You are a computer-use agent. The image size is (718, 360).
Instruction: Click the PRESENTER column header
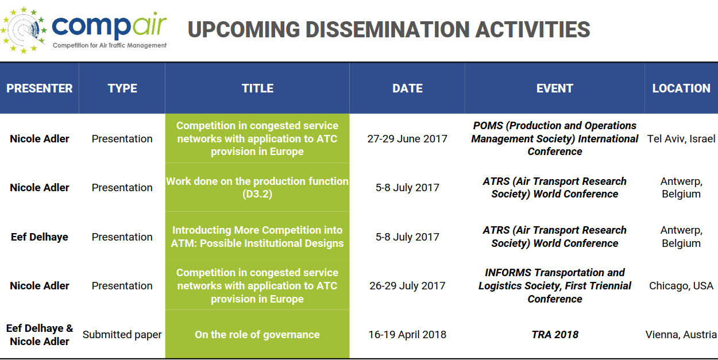40,88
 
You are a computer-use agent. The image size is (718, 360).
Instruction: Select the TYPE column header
122,88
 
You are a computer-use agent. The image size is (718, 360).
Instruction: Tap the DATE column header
407,88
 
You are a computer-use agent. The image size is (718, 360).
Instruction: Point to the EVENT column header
554,88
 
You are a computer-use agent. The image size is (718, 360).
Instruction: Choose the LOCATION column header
681,88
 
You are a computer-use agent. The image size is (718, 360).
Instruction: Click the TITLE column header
257,88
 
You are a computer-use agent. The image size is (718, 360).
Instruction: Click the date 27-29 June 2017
407,139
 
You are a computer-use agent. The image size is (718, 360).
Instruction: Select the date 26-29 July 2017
407,286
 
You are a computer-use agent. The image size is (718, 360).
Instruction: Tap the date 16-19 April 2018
407,335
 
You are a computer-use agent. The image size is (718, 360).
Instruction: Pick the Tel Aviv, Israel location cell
681,139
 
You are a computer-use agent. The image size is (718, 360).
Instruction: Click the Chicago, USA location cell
681,286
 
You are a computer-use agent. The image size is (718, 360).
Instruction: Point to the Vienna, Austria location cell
681,335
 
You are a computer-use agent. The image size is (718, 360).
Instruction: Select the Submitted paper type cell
122,335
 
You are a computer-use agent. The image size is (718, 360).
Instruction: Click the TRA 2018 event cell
555,335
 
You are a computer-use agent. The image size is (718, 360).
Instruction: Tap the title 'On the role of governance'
257,335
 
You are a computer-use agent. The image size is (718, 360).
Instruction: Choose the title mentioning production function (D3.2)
257,187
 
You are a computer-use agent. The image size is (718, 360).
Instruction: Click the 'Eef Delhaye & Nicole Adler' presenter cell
40,335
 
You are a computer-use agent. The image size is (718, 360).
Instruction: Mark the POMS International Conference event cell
554,139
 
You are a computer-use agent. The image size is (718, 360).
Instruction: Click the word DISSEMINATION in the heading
388,29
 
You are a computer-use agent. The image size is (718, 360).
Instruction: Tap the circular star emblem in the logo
24,30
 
